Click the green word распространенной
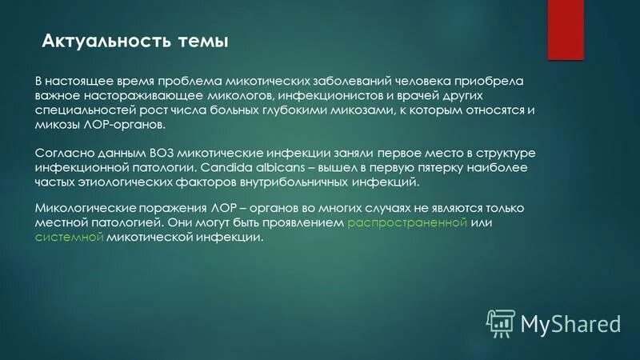pyautogui.click(x=408, y=222)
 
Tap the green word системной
pyautogui.click(x=69, y=238)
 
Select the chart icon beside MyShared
pyautogui.click(x=500, y=322)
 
